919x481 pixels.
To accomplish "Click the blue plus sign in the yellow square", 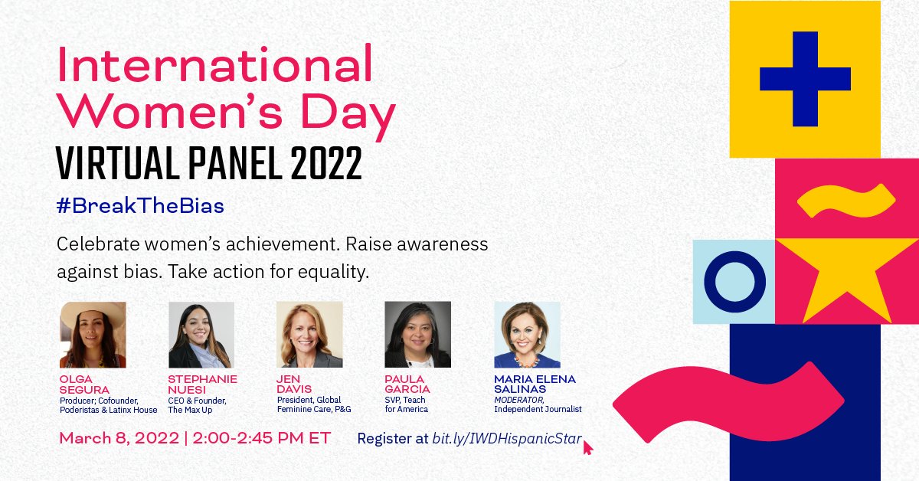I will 805,79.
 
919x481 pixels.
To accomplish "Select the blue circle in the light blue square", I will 734,281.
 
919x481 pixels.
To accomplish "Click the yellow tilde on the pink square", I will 846,200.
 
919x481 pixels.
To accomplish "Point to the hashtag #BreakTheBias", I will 140,207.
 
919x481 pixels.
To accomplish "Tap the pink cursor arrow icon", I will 588,447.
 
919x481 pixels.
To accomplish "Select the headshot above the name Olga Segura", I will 93,335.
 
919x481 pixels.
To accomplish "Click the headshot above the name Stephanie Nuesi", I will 201,335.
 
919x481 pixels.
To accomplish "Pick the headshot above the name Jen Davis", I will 309,335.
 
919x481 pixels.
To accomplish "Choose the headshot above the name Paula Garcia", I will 417,335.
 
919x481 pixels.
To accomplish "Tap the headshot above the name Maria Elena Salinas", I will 527,335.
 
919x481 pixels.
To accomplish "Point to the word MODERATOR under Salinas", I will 518,400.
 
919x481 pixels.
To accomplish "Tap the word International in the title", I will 215,66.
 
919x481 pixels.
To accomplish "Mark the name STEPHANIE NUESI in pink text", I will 202,384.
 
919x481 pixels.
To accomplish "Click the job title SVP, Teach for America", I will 406,404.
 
